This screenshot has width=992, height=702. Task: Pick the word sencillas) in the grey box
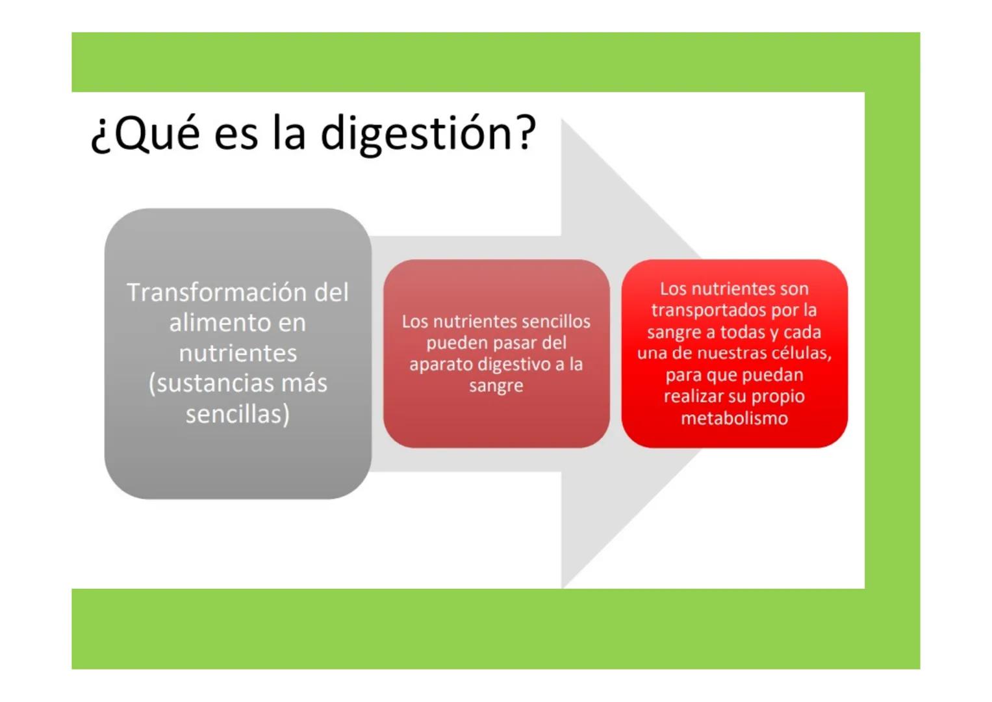click(238, 414)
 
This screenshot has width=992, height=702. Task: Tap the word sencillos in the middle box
click(552, 322)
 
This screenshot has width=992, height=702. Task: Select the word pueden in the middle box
click(455, 343)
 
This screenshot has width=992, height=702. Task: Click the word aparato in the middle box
click(440, 365)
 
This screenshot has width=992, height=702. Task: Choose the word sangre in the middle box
click(496, 386)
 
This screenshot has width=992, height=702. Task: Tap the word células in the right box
click(799, 354)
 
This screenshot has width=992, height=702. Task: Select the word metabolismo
click(734, 418)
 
